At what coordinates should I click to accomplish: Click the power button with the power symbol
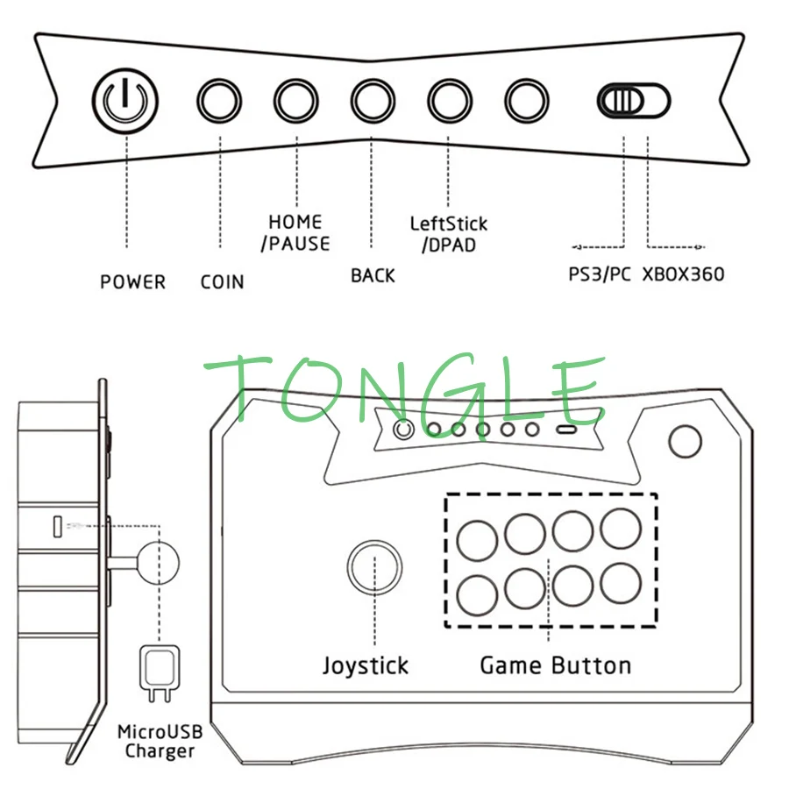(x=125, y=100)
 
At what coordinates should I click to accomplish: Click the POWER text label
(x=132, y=282)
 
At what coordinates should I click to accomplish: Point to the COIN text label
(x=222, y=282)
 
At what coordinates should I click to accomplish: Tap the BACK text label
(x=373, y=275)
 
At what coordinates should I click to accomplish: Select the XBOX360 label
(x=684, y=274)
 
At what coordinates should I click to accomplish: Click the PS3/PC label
(x=600, y=274)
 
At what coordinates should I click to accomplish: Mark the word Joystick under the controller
(x=365, y=665)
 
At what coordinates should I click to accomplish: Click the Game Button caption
(x=555, y=665)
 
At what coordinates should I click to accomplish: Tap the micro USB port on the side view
(x=57, y=527)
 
